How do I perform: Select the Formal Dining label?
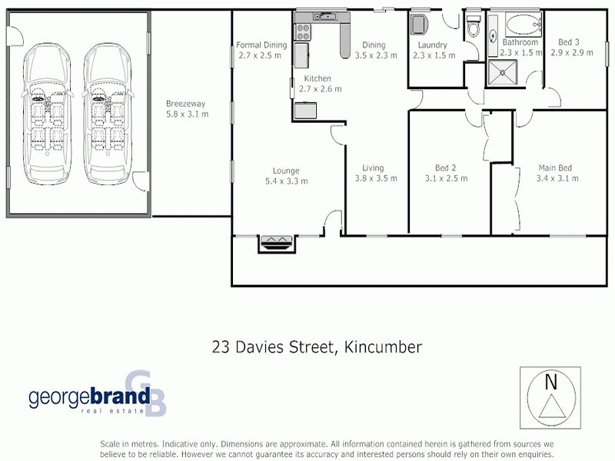(261, 45)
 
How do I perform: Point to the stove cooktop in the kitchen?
(302, 32)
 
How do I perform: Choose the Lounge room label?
(286, 171)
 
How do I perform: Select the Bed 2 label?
(446, 168)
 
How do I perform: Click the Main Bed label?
(555, 168)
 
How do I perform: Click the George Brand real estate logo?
(97, 396)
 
